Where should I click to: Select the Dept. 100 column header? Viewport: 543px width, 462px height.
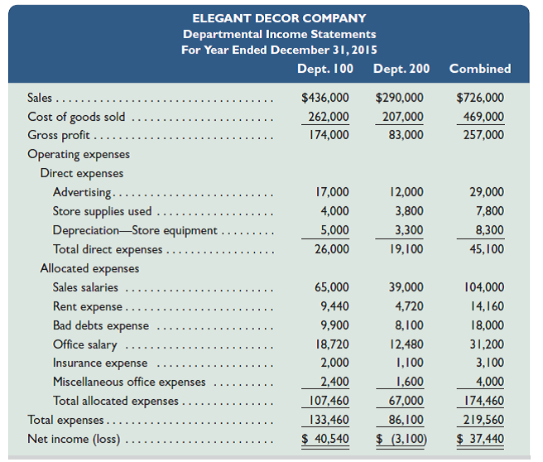pos(327,69)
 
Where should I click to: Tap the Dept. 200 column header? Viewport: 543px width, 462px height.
pos(401,69)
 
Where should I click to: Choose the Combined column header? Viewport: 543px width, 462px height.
pos(479,69)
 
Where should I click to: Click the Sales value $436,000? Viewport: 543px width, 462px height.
pos(325,98)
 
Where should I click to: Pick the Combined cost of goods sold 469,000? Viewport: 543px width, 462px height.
pos(485,116)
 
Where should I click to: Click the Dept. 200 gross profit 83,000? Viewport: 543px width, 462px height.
pos(406,135)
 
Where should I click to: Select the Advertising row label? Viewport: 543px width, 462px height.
pos(81,192)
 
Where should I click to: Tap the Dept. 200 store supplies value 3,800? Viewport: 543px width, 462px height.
pos(409,211)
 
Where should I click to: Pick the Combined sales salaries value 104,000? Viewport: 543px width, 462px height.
pos(484,287)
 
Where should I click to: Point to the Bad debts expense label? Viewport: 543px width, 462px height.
pos(101,325)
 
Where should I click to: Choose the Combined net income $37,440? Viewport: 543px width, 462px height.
pos(480,439)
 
